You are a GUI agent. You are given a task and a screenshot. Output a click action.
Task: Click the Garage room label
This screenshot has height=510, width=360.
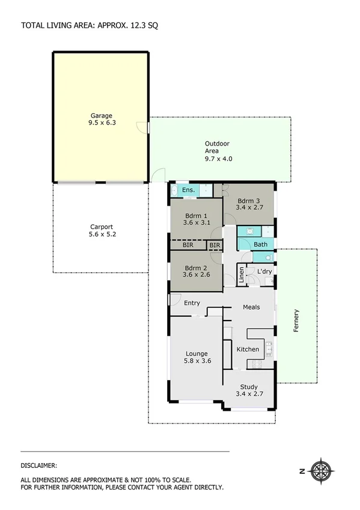[x=102, y=115]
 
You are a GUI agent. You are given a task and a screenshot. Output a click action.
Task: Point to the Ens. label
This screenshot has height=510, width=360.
[x=188, y=191]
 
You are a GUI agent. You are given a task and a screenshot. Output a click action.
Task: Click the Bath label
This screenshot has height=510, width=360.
[x=260, y=245]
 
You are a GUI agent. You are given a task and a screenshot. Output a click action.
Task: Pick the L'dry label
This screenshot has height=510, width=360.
[x=264, y=272]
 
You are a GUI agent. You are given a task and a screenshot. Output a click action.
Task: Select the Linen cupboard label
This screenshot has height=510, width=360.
[x=242, y=275]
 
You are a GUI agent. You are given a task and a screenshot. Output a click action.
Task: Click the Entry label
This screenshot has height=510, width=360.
[x=192, y=303]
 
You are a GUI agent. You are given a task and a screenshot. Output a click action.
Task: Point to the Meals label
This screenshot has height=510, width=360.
[x=251, y=307]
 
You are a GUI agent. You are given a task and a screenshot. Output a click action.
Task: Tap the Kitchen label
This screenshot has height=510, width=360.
[x=248, y=349]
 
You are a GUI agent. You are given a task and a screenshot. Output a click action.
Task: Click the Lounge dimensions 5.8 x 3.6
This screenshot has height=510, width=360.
[x=197, y=361]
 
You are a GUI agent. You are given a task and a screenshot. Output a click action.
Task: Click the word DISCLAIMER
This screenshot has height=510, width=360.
[x=39, y=465]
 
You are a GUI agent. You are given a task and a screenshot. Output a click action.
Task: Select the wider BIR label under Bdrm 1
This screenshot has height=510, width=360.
[x=188, y=245]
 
